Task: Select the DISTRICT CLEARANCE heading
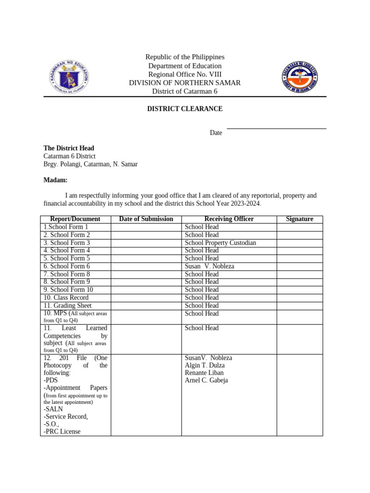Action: pos(185,109)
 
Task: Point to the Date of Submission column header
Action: pos(146,219)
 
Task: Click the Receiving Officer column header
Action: pos(229,219)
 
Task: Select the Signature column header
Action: pos(299,219)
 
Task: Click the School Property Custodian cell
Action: pos(220,243)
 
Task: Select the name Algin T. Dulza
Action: pos(205,365)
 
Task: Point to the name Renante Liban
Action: pos(204,373)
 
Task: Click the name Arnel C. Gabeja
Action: pos(207,380)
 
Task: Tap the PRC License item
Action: pos(62,431)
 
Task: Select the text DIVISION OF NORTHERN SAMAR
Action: pos(185,83)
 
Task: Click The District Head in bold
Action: pos(69,148)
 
